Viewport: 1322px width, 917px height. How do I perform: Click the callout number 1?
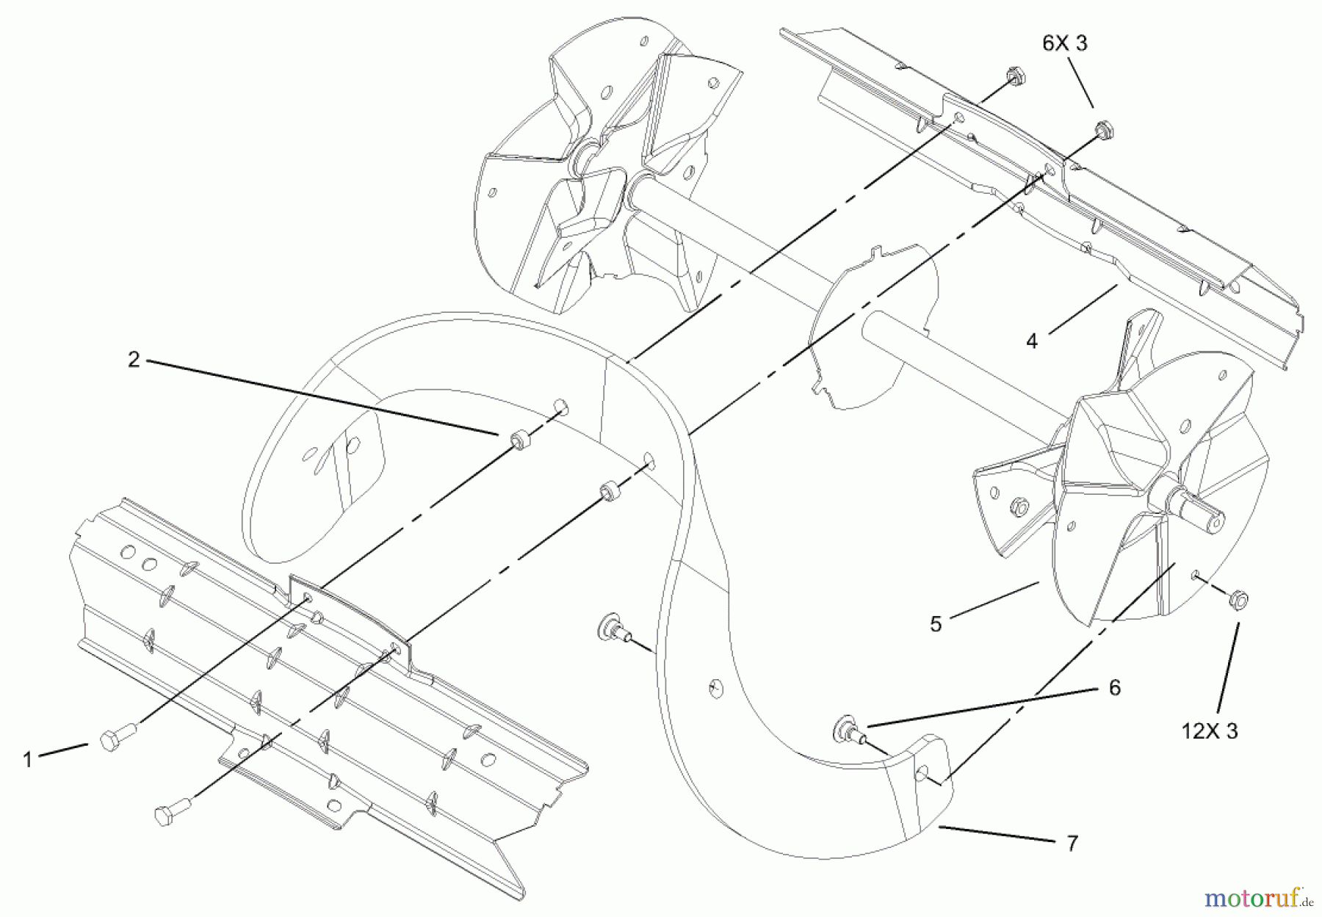click(x=28, y=759)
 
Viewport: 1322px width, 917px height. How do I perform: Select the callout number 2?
click(x=134, y=360)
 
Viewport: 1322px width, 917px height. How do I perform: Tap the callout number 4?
click(x=1032, y=341)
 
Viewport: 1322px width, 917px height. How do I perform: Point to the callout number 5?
click(x=936, y=624)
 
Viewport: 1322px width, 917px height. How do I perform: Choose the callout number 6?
click(x=1115, y=687)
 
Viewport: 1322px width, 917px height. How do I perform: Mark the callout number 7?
click(x=1072, y=844)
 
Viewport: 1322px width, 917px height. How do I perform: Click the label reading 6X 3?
click(x=1065, y=43)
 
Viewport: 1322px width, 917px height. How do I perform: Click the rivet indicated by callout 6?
click(x=848, y=730)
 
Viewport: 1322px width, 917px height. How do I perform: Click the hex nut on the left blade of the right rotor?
click(x=1016, y=506)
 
